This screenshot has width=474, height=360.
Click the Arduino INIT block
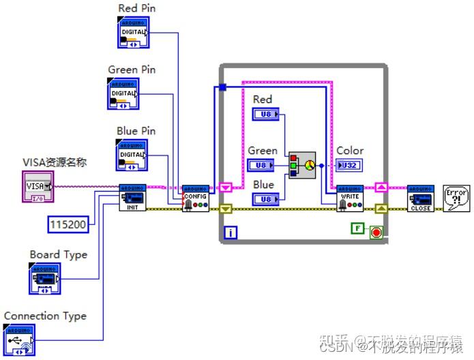click(x=132, y=198)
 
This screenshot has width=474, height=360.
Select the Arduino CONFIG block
click(x=195, y=198)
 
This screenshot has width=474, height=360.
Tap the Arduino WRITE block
click(x=350, y=198)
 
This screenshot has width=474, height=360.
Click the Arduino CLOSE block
click(x=420, y=198)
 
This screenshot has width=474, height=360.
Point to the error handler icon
click(x=456, y=198)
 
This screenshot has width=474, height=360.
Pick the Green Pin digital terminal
click(x=123, y=93)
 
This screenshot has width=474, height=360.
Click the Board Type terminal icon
click(x=44, y=278)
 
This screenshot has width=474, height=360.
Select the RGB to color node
click(x=302, y=165)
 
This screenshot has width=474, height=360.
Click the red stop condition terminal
click(x=376, y=232)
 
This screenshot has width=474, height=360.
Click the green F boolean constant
click(x=357, y=228)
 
